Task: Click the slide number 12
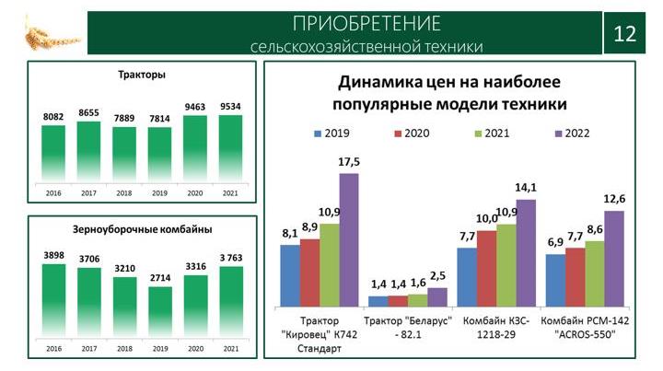[x=624, y=34]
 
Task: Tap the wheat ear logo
[x=52, y=36]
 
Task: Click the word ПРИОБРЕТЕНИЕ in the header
[x=366, y=23]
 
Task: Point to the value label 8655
[x=88, y=113]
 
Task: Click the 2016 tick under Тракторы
[x=53, y=193]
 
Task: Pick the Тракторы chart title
[x=142, y=75]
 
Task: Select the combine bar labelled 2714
[x=160, y=312]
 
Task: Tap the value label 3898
[x=53, y=255]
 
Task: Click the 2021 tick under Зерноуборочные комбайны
[x=231, y=349]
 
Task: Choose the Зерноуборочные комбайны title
[x=142, y=229]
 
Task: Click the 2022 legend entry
[x=572, y=133]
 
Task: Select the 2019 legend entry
[x=331, y=133]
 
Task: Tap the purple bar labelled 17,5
[x=349, y=240]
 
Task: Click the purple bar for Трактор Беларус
[x=437, y=297]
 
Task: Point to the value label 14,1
[x=526, y=187]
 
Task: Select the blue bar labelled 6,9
[x=555, y=281]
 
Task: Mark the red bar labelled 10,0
[x=487, y=269]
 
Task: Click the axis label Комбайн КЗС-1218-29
[x=496, y=328]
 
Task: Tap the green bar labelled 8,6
[x=595, y=273]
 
